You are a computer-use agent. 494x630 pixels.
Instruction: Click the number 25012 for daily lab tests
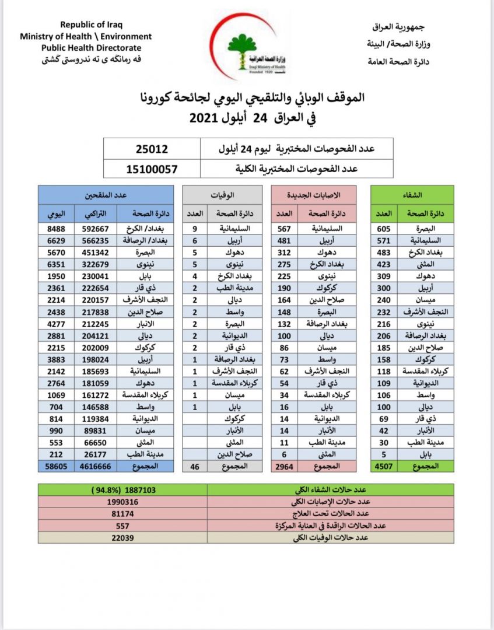coord(151,149)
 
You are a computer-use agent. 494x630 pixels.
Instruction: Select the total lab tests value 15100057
coord(151,169)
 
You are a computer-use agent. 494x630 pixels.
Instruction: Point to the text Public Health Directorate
coord(91,47)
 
